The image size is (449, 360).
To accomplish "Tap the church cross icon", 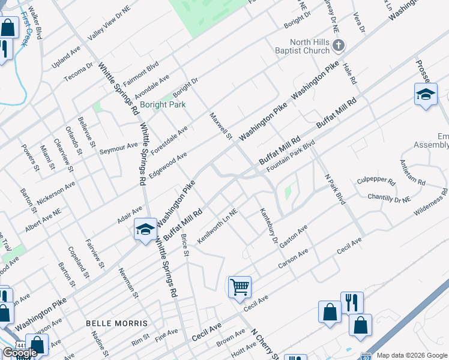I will (339, 45).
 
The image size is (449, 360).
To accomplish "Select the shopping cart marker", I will (240, 287).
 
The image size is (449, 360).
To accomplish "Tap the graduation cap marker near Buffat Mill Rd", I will (145, 229).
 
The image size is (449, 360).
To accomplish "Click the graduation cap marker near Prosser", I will (426, 94).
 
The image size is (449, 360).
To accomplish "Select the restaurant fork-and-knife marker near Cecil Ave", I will (352, 302).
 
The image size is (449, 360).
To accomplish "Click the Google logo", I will (20, 353).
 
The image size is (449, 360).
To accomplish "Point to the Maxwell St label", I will (220, 126).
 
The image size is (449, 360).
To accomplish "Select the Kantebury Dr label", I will (268, 226).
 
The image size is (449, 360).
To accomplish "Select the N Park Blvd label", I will (335, 189).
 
